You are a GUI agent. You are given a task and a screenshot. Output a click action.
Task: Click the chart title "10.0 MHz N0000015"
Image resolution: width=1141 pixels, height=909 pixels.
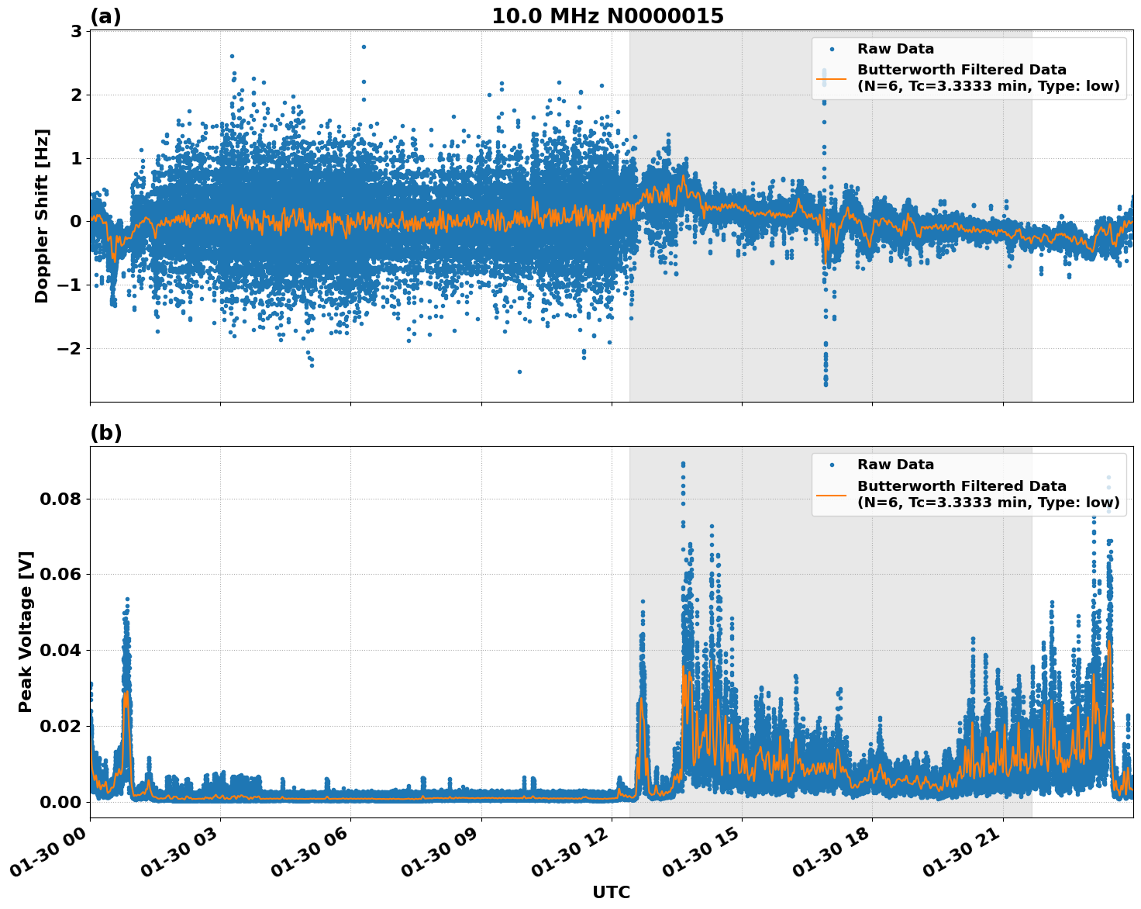tap(608, 16)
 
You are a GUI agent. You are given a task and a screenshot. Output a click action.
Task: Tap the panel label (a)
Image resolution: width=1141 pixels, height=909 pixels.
tap(105, 16)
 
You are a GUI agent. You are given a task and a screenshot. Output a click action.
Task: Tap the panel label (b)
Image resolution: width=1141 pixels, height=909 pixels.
tap(105, 433)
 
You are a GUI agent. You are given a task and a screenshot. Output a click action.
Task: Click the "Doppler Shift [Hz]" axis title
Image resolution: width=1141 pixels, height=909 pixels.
tap(42, 216)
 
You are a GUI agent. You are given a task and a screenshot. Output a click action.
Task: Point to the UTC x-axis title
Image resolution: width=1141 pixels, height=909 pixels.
tap(611, 892)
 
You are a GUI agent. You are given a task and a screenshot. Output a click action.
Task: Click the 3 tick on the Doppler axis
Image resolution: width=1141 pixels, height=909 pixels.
tap(76, 32)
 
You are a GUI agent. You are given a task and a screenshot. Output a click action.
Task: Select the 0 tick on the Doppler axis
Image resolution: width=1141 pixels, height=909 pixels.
tap(76, 222)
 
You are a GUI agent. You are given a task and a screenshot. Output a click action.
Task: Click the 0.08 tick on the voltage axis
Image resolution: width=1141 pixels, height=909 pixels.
tap(60, 499)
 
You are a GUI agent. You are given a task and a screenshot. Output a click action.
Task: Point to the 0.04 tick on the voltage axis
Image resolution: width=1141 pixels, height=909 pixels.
tap(60, 650)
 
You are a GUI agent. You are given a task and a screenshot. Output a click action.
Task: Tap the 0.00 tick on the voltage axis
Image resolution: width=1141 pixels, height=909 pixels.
tap(60, 802)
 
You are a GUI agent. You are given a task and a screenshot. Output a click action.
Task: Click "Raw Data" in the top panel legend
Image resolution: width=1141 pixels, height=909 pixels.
tap(895, 49)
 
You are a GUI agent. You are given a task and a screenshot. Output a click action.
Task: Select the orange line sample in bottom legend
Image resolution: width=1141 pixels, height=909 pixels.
tap(832, 494)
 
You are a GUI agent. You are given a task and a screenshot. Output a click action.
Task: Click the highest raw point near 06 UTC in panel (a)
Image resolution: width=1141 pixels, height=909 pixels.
tap(363, 47)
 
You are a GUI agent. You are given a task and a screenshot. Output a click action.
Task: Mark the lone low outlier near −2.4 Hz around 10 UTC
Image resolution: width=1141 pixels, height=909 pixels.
tap(519, 372)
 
